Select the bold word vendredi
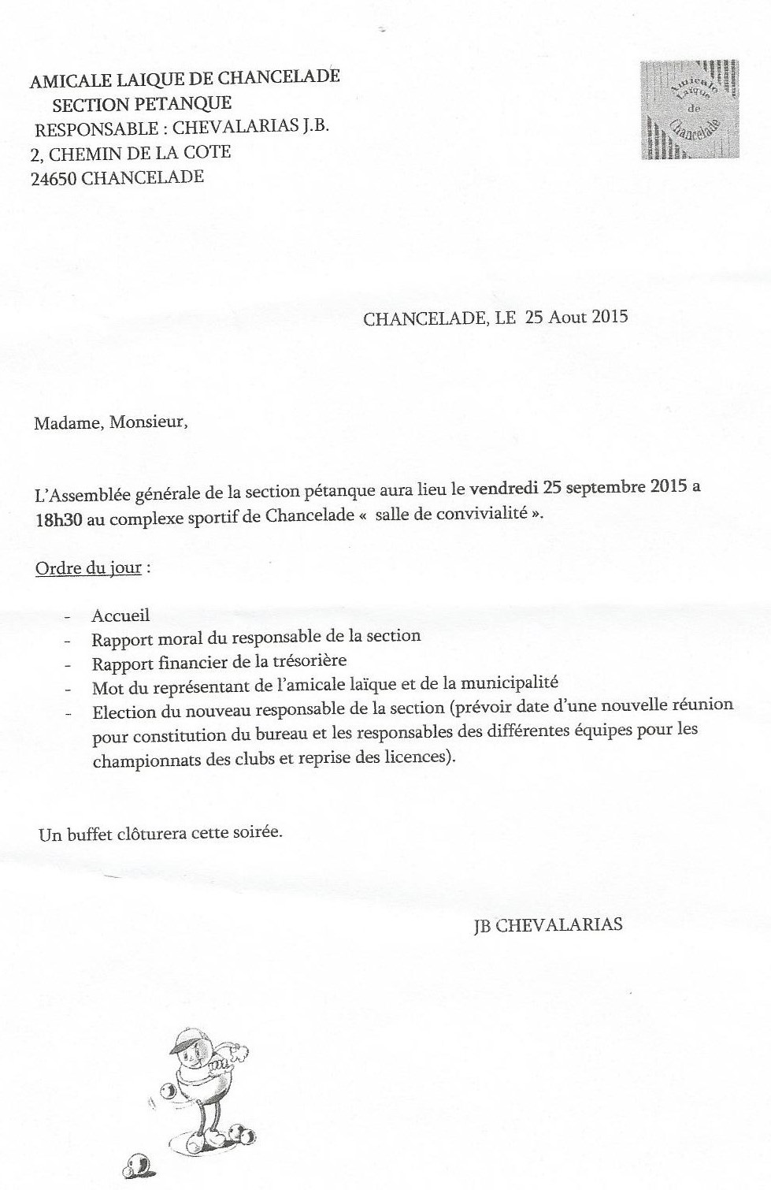(504, 487)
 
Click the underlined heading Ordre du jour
(88, 568)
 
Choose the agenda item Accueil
(120, 615)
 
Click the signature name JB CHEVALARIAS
(547, 925)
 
